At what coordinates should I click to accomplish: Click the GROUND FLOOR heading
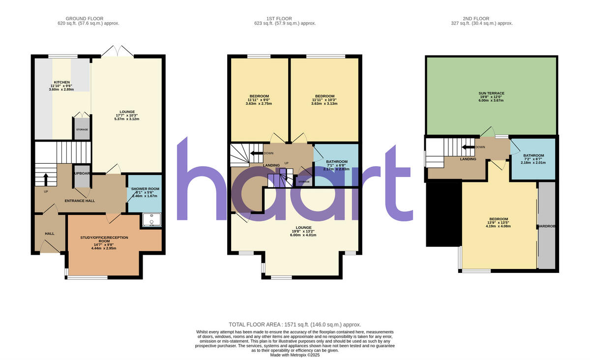[x=88, y=18]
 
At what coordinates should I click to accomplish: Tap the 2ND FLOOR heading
[x=482, y=18]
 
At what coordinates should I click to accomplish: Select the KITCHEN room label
[x=62, y=82]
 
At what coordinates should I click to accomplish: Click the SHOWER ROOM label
[x=145, y=189]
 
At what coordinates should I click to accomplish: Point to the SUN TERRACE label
[x=492, y=93]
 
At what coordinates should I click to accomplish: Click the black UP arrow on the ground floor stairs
[x=46, y=180]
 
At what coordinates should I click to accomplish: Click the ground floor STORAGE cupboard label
[x=82, y=129]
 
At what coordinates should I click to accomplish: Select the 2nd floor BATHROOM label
[x=533, y=155]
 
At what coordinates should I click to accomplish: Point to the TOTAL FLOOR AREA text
[x=295, y=325]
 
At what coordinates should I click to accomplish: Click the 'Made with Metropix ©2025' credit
[x=295, y=355]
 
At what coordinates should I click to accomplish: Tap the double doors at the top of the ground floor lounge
[x=118, y=51]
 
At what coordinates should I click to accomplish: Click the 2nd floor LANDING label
[x=468, y=159]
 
